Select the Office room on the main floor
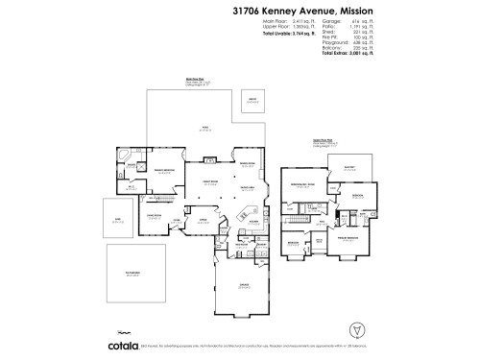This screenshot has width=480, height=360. (203, 220)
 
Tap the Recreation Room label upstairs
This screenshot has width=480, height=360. (302, 186)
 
